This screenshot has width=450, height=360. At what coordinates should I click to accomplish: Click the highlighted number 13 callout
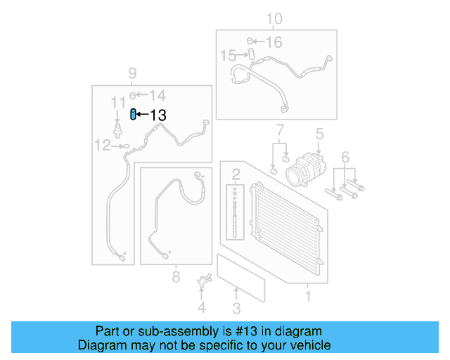point(158,115)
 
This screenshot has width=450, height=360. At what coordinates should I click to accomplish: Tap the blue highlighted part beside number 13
point(133,114)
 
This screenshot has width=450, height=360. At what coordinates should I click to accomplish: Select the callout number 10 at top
point(274,18)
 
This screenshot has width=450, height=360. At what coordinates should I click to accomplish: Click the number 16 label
point(273,43)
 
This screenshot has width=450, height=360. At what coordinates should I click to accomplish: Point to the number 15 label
point(229,55)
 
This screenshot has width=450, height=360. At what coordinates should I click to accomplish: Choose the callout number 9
point(131,73)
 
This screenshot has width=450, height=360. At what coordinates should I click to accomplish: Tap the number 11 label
point(117,103)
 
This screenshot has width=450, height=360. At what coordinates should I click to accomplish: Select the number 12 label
point(103,146)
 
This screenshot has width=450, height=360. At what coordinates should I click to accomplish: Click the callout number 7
point(279,130)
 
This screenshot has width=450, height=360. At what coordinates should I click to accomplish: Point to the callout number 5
point(319,133)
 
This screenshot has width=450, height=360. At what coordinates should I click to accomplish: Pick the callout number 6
point(345,156)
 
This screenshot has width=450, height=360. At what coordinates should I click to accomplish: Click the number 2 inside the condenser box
point(236,173)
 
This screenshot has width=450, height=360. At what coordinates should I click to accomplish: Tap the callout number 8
point(176,277)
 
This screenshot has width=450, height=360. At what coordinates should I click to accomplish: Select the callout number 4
point(202,307)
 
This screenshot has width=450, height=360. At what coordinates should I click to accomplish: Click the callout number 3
point(236,308)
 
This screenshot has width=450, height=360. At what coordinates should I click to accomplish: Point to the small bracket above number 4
point(203,282)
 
